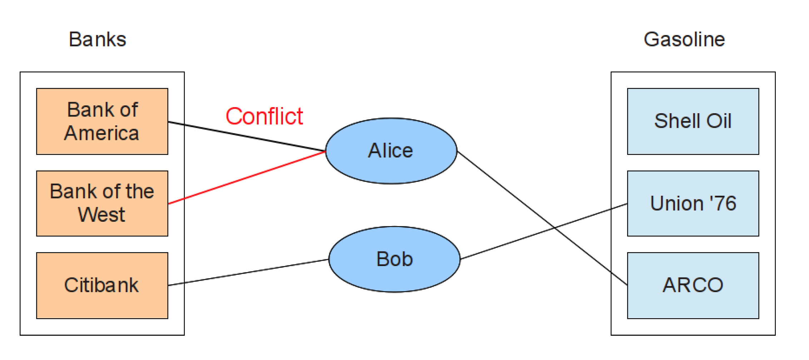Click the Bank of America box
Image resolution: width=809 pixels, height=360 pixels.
[102, 121]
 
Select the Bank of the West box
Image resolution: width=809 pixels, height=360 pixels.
[102, 203]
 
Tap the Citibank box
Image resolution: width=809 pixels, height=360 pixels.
[102, 285]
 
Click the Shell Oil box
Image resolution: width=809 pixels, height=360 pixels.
[693, 121]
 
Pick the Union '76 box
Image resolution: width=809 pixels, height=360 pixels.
[693, 203]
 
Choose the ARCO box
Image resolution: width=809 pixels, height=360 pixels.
[693, 285]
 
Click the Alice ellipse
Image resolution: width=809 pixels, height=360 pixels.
[391, 151]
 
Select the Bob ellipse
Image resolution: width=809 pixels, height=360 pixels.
[394, 259]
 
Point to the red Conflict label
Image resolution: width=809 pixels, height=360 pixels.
[264, 116]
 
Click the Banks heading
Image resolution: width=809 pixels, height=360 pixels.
[97, 39]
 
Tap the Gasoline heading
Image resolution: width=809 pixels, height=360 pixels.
[684, 39]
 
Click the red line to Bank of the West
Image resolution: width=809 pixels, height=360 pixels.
[247, 177]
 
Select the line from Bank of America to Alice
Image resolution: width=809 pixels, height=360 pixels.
[247, 136]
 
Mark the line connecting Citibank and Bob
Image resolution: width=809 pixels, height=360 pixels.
[248, 272]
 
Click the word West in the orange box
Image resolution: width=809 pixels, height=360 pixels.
[101, 215]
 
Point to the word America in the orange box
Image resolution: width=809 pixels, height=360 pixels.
[101, 133]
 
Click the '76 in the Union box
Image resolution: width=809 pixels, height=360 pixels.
[723, 203]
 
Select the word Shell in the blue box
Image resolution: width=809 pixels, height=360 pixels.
[677, 121]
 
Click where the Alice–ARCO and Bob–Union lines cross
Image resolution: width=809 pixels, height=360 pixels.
[554, 227]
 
